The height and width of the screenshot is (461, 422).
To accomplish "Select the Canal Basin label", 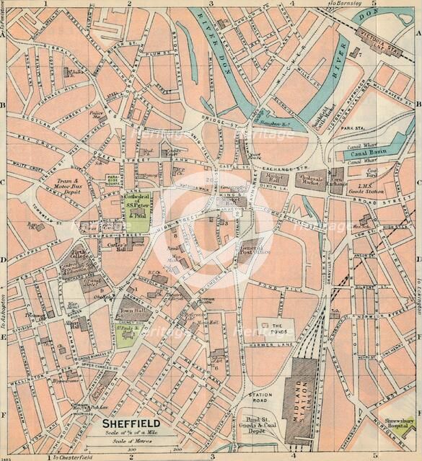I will [x=369, y=153].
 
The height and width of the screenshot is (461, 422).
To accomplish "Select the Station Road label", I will [x=260, y=397].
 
